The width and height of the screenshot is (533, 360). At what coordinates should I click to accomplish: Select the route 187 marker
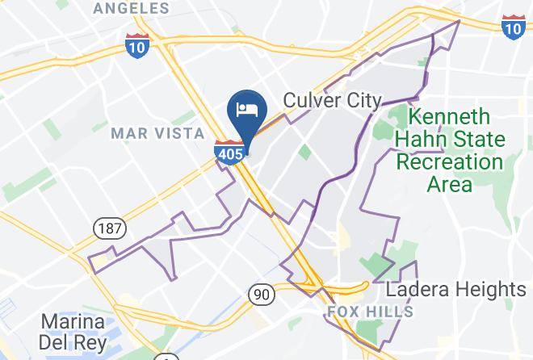[x=107, y=228]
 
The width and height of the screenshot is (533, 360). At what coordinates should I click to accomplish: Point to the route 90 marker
[x=260, y=294]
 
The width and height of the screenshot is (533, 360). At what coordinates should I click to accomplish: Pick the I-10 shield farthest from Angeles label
[x=512, y=26]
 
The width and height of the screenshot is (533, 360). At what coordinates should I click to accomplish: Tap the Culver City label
[x=331, y=100]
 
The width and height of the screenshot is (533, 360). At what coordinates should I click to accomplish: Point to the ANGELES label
[x=132, y=9]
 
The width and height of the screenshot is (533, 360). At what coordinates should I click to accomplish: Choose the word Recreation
[x=449, y=161]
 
